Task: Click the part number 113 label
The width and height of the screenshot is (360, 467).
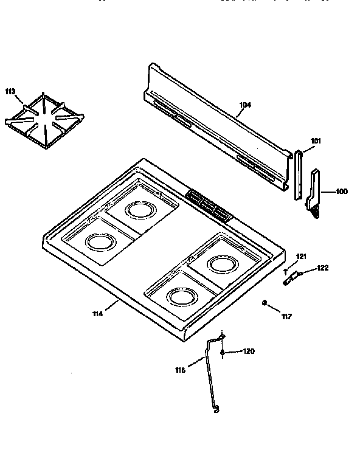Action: [x=10, y=91]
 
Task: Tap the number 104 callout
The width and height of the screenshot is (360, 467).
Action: [x=244, y=105]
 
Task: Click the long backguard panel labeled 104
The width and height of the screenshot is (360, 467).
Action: [x=213, y=128]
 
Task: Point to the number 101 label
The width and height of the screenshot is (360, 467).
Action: [x=315, y=140]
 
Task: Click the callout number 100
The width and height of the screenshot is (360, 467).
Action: [x=342, y=192]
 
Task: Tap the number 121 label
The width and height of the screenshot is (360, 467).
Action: [x=301, y=255]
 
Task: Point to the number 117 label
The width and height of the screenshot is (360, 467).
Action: [x=286, y=316]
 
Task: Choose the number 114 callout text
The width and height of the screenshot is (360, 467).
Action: [x=97, y=313]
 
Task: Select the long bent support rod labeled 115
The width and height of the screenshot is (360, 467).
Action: [x=210, y=377]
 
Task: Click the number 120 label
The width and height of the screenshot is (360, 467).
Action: [x=249, y=351]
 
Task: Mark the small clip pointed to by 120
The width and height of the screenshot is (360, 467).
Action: [x=224, y=353]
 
